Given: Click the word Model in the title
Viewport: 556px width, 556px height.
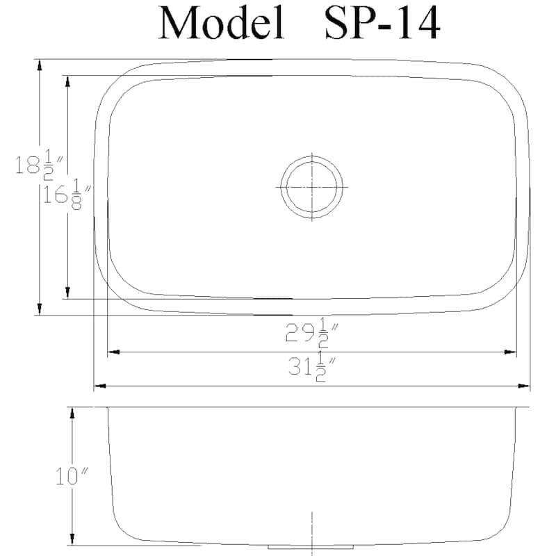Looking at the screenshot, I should click(x=222, y=23).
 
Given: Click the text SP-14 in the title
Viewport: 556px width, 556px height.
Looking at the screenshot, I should click(x=382, y=23).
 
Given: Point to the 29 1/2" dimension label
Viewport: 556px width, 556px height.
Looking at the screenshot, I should click(x=311, y=336).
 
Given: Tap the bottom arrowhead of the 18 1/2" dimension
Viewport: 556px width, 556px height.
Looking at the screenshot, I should click(x=40, y=309).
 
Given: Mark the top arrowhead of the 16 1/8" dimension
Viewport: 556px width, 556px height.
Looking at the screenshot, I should click(x=67, y=81).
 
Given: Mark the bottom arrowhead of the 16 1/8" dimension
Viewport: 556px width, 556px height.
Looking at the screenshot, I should click(x=67, y=293).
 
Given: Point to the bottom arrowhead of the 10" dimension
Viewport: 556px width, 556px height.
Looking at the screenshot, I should click(x=72, y=540).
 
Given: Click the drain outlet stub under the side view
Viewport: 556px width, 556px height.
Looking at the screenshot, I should click(x=311, y=547).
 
